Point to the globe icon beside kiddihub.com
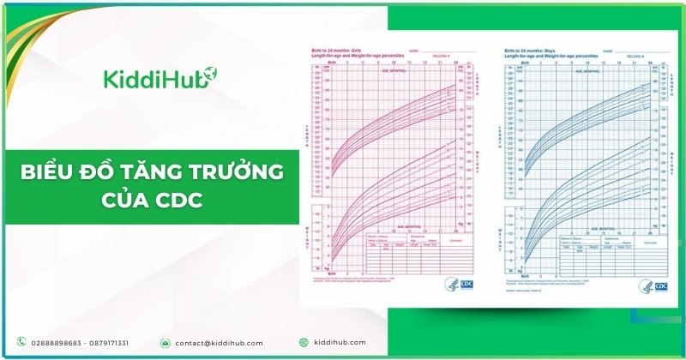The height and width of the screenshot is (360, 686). (x=304, y=343)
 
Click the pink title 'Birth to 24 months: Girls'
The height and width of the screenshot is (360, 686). (x=337, y=51)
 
